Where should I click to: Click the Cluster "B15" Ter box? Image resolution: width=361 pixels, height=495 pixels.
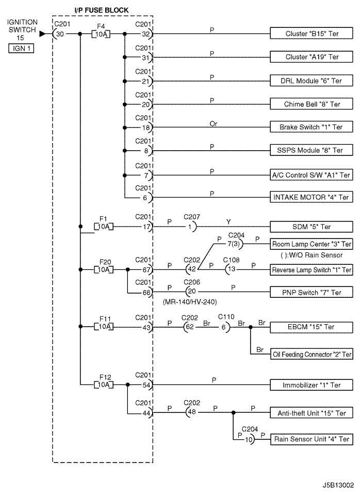pos(311,34)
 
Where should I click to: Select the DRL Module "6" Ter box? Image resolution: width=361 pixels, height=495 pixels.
pos(311,81)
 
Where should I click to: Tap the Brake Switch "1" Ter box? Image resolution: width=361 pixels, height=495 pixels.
pos(311,127)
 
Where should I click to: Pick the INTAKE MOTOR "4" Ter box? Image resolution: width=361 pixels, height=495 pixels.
pos(311,197)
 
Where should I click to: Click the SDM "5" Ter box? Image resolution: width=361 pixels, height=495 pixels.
pos(311,227)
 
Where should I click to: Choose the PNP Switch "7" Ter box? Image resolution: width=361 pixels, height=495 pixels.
pos(311,292)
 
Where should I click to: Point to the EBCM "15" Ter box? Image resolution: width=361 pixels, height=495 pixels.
pos(311,327)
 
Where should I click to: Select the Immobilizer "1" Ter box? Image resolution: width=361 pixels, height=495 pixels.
pos(311,385)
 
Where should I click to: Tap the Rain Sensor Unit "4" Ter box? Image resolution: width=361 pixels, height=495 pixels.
pos(311,439)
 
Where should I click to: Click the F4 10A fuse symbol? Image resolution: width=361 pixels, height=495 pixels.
pos(101,34)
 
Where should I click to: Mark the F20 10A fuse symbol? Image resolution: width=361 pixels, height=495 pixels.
pos(104,269)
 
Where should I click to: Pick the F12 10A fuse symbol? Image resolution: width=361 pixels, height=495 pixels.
pos(104,385)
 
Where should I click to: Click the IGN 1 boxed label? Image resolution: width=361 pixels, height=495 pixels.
pos(21,49)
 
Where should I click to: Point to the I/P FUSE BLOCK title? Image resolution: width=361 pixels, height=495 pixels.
pos(102,10)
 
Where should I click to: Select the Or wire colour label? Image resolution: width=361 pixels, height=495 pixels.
pos(214,124)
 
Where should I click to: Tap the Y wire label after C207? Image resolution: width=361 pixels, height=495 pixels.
pos(228,222)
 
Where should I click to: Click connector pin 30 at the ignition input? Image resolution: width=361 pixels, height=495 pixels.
pos(60,34)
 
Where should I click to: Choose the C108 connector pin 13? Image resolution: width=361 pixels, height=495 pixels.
pos(232,269)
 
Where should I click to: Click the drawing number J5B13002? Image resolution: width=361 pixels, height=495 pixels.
pos(338,485)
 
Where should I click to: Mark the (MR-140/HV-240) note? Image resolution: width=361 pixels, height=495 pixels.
pos(190,302)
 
